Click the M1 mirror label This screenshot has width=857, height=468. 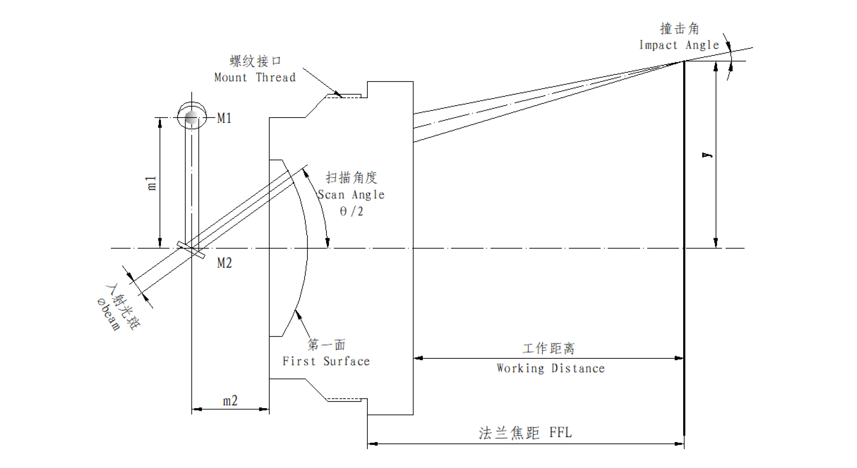[224, 118]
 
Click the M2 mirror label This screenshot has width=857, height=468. [224, 263]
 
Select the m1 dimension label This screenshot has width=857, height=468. [151, 183]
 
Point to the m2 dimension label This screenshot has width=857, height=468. [230, 401]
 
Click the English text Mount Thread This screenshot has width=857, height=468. [255, 77]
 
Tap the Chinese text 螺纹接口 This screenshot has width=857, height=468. [255, 61]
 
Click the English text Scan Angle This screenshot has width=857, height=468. [351, 195]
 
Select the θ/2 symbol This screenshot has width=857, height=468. [352, 211]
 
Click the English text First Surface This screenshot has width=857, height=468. [326, 361]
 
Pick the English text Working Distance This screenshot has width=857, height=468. [550, 368]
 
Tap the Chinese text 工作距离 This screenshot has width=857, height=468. [549, 349]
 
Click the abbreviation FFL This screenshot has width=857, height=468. [560, 432]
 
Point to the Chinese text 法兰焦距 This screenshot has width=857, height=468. [509, 433]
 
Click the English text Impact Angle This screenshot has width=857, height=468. [679, 45]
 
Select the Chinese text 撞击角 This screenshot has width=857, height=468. [679, 29]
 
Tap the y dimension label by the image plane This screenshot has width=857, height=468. [707, 155]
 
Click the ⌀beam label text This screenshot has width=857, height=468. [108, 314]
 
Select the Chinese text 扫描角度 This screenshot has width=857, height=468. [352, 177]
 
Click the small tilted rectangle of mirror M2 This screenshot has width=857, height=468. [191, 250]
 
